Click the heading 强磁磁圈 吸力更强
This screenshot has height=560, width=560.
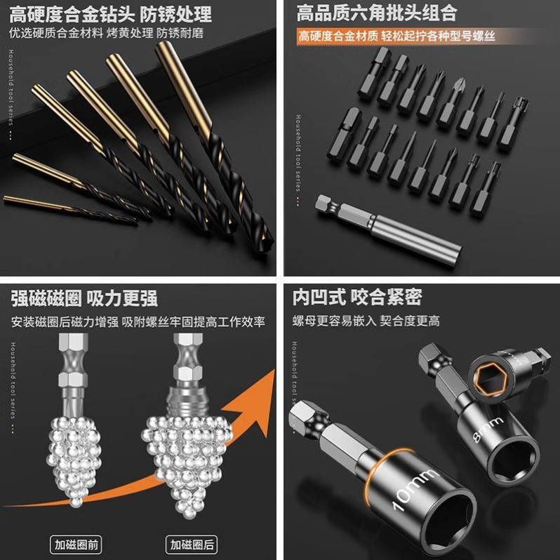(x=84, y=298)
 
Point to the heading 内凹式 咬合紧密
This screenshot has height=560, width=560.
(x=357, y=298)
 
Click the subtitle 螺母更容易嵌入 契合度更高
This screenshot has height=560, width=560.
(x=366, y=321)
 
